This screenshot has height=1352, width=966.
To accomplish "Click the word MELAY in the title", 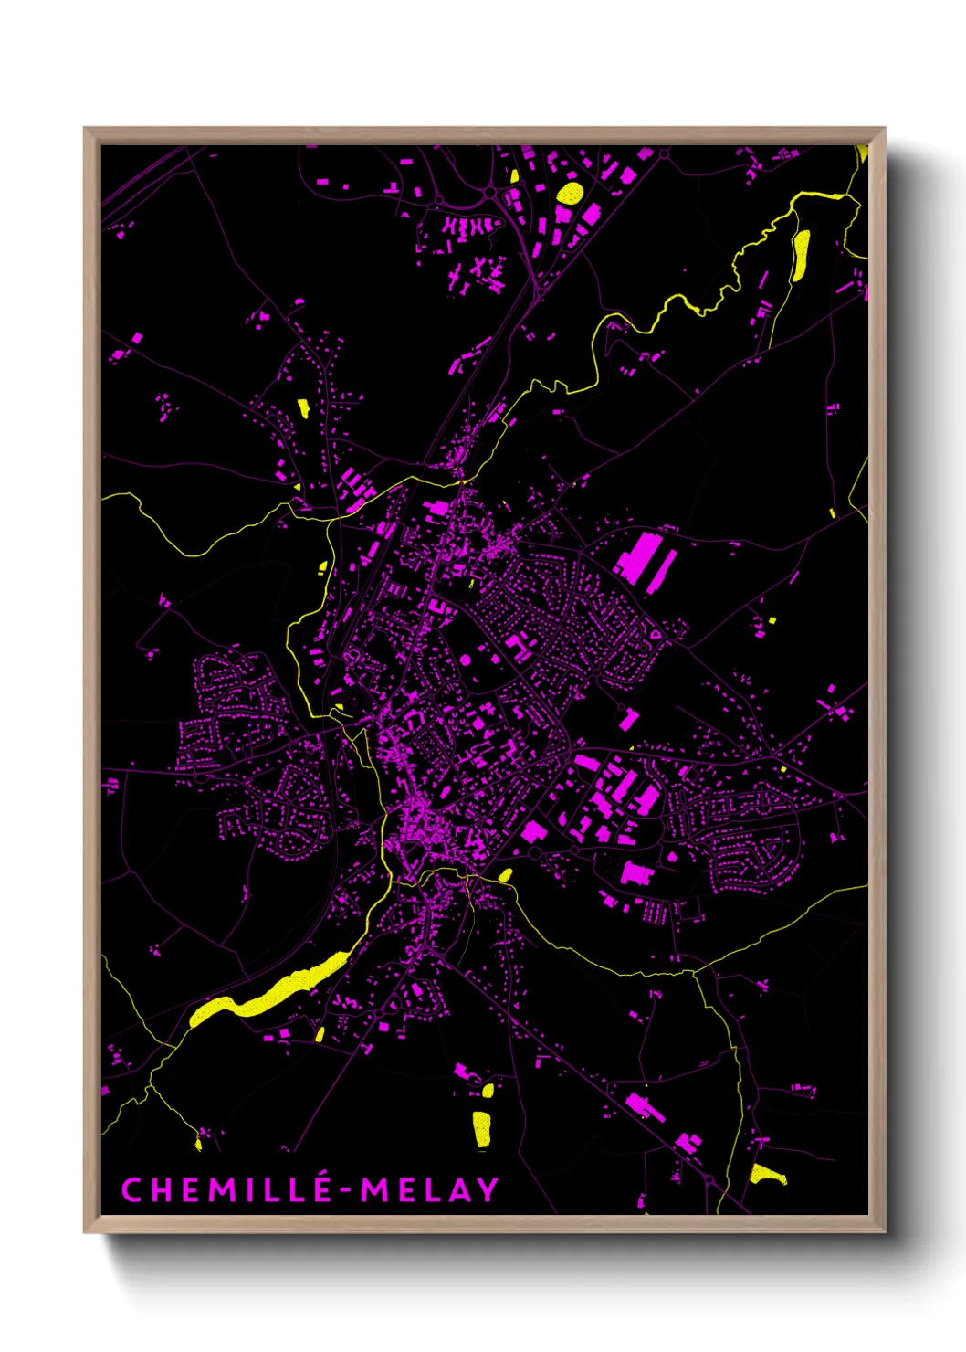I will point(429,1189).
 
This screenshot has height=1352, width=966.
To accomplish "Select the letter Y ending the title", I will point(488,1189).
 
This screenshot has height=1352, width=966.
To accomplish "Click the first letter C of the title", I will point(131,1189).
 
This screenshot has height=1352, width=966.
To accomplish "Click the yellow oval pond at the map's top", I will point(570,193).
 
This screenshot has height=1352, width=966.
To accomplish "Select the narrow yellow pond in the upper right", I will point(801,254).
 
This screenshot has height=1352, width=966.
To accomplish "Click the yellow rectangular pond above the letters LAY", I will point(481,1128).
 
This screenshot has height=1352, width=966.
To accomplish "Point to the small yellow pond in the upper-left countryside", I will point(302,407).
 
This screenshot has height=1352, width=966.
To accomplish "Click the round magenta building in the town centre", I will point(466,659).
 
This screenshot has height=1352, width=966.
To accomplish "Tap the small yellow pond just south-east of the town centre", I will point(505,875).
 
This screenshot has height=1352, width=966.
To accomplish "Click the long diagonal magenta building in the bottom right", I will point(645,1107).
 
